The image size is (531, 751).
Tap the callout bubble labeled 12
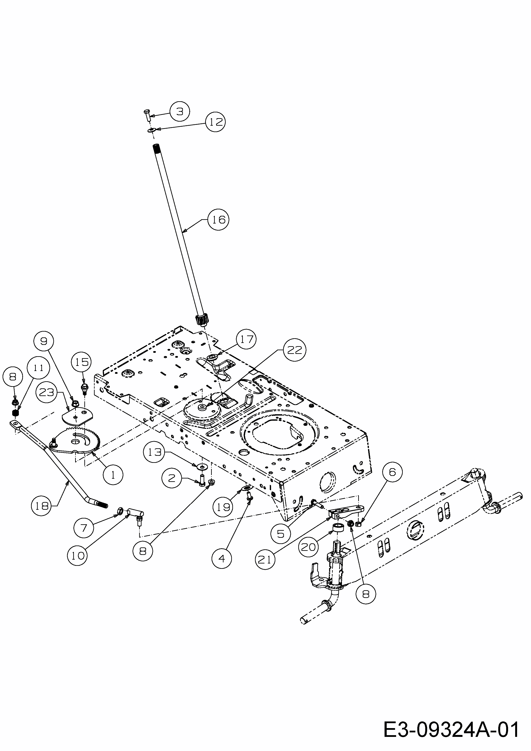coord(216,122)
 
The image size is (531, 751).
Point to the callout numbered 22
coord(294,350)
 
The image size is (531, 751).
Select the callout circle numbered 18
coord(42,506)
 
